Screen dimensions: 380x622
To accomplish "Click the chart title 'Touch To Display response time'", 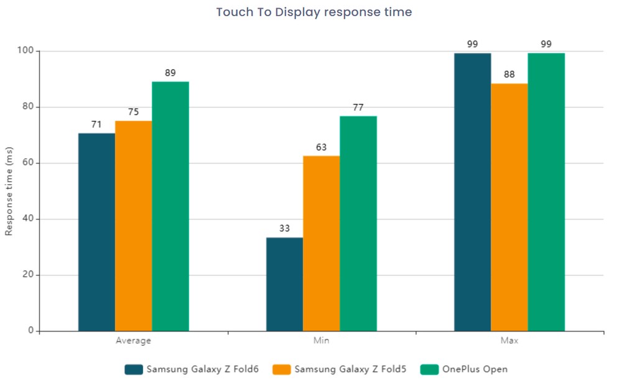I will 313,12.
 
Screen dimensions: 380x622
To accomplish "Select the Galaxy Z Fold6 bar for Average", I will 96,231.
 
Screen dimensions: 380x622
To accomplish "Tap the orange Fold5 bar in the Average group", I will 133,225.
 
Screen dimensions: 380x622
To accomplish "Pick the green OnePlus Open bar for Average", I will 170,206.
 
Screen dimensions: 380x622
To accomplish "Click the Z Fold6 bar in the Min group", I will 284,284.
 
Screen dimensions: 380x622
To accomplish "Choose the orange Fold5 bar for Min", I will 321,243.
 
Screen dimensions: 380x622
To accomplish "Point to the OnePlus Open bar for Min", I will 358,223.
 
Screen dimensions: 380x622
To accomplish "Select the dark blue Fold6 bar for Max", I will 472,192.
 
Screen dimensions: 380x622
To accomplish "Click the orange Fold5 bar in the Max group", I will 509,207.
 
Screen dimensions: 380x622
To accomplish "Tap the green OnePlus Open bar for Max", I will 546,192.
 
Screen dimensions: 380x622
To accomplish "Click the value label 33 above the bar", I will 284,228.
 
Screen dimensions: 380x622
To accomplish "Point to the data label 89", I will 170,73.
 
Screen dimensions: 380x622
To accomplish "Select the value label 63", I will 321,147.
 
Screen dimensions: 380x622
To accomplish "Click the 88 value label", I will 509,75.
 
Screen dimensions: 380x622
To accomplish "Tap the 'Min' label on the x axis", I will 321,341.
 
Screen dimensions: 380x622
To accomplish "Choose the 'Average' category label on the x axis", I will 133,341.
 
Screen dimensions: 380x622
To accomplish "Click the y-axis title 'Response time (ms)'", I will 9,191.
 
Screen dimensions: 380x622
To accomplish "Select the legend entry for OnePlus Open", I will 464,369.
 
